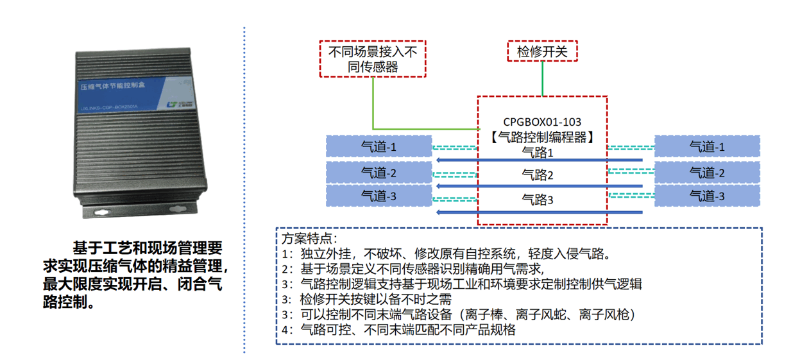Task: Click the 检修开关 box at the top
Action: [x=542, y=51]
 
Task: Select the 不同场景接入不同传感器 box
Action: [x=372, y=59]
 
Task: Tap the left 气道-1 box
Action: [x=379, y=146]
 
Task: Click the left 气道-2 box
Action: [x=379, y=172]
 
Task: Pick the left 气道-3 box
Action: [x=379, y=196]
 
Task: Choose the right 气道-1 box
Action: [x=707, y=146]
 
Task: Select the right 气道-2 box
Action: [x=707, y=172]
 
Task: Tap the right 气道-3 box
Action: [x=707, y=196]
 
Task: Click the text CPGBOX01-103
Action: [x=542, y=121]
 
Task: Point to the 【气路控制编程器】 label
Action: [x=542, y=136]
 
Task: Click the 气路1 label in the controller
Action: [x=538, y=152]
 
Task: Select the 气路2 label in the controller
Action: [x=538, y=175]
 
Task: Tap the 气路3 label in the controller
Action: [x=538, y=200]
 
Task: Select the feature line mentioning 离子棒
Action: [x=459, y=315]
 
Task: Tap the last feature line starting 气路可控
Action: [x=398, y=330]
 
